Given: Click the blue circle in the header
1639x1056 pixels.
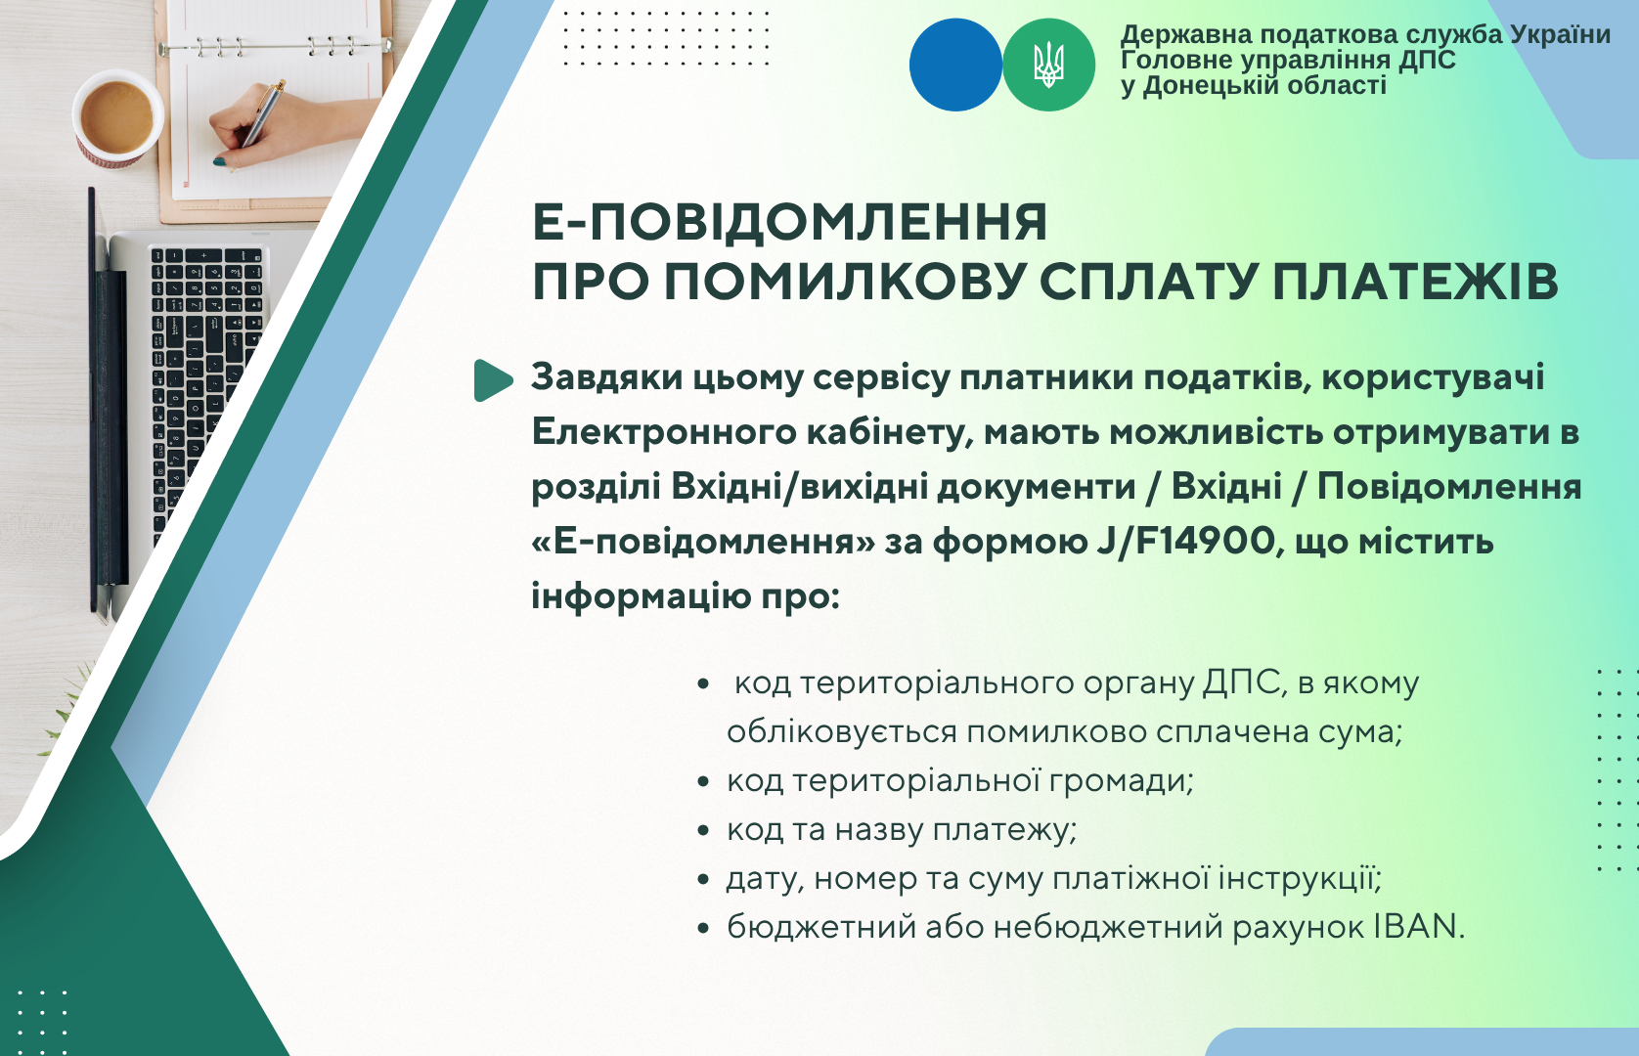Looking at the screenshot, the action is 955,65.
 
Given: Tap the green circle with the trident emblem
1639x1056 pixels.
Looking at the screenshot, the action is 1048,65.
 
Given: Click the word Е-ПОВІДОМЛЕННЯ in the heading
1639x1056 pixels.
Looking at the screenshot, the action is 790,222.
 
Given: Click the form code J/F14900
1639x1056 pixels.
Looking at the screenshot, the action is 1187,542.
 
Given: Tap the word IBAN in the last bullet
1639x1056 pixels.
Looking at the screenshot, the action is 1419,927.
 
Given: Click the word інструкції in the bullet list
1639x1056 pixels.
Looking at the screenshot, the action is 1300,878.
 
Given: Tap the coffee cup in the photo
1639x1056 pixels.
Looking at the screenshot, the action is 117,118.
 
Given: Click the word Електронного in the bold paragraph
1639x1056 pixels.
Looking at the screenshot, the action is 664,432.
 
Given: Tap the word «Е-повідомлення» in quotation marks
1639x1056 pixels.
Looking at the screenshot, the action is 704,543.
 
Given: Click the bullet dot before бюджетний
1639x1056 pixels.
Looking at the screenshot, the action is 704,928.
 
